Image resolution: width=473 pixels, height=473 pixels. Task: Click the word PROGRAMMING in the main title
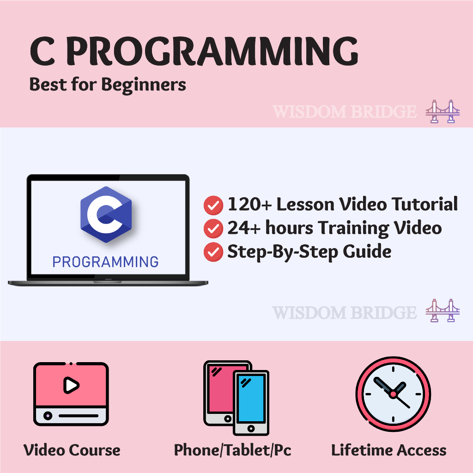click(212, 51)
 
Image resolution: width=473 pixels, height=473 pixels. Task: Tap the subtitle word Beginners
click(144, 85)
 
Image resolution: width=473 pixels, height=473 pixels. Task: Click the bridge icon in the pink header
click(443, 111)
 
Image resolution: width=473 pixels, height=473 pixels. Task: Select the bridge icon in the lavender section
click(443, 310)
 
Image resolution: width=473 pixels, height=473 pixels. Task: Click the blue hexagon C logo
click(106, 214)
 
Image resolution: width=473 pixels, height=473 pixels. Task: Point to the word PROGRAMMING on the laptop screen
click(105, 262)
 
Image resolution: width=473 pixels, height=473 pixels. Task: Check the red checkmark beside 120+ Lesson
click(213, 205)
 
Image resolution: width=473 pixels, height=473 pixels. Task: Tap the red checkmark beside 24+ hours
click(213, 229)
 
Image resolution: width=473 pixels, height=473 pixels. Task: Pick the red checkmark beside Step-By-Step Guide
click(213, 252)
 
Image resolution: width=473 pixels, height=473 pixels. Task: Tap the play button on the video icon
click(71, 385)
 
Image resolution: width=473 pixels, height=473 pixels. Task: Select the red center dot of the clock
click(393, 394)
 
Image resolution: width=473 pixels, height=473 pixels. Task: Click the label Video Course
click(72, 450)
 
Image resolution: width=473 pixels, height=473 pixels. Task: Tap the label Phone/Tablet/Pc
click(233, 450)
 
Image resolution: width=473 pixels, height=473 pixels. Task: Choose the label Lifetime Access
click(389, 450)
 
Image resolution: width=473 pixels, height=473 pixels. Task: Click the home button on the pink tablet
click(228, 418)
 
